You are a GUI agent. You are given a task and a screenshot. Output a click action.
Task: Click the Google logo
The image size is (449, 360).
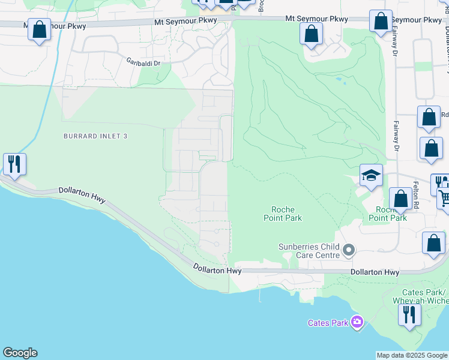click(20, 353)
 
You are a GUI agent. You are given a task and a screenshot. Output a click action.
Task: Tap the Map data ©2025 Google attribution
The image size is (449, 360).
click(412, 355)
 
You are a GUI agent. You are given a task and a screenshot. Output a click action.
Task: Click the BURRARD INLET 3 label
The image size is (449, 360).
click(95, 136)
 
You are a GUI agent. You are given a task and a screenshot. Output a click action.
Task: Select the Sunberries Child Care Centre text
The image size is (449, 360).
click(309, 251)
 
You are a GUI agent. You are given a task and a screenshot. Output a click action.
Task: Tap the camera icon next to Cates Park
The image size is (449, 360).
click(358, 322)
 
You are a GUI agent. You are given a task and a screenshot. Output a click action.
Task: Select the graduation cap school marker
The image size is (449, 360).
click(371, 175)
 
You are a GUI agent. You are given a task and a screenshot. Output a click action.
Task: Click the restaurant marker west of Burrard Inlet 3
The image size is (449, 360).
click(14, 163)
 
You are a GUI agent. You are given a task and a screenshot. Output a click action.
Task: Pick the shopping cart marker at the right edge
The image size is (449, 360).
click(443, 196)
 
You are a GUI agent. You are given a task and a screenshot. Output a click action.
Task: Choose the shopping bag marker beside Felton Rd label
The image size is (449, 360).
click(400, 199)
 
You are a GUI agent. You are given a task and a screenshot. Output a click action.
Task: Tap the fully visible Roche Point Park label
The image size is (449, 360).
click(283, 214)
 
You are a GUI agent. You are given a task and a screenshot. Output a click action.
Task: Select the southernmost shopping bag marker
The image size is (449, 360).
click(433, 244)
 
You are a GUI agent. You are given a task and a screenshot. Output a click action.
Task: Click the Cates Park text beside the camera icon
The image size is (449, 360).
click(328, 323)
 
